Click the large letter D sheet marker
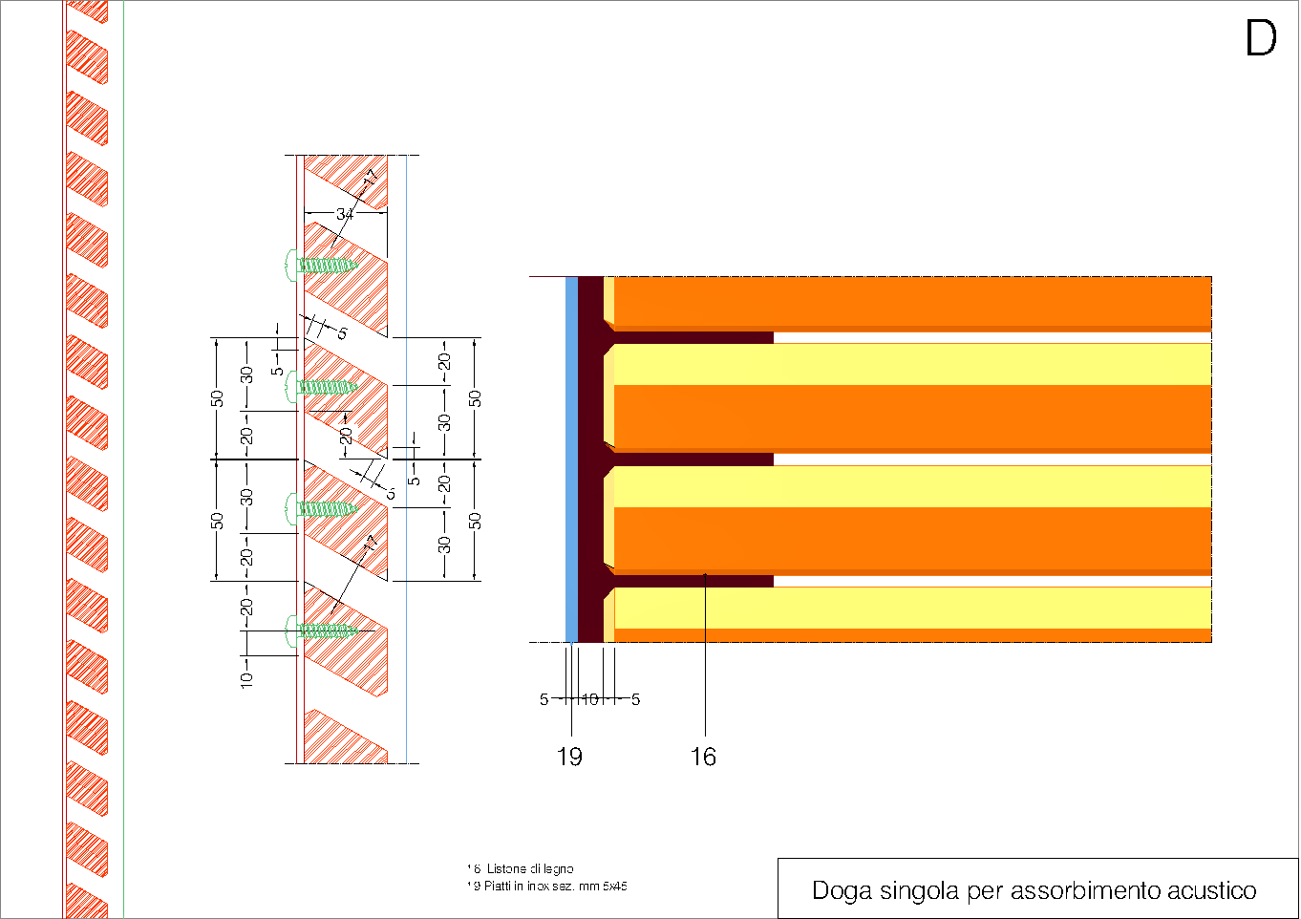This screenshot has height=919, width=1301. click(1261, 39)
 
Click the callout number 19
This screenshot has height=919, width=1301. click(569, 757)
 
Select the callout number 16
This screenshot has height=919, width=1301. click(703, 757)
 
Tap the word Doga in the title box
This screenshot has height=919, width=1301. click(842, 890)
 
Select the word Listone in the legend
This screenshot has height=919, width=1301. click(506, 868)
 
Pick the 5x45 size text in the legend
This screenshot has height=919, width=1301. click(614, 886)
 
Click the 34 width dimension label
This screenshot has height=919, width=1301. click(345, 214)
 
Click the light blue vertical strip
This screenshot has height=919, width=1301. click(571, 459)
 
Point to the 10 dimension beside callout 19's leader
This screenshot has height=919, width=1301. click(590, 699)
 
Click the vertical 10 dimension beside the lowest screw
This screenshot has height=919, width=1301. click(246, 678)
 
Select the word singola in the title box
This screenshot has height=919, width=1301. click(919, 890)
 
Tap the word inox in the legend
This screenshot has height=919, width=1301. click(538, 886)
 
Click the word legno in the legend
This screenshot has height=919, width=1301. click(558, 868)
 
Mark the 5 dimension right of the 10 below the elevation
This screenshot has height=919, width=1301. click(635, 699)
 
